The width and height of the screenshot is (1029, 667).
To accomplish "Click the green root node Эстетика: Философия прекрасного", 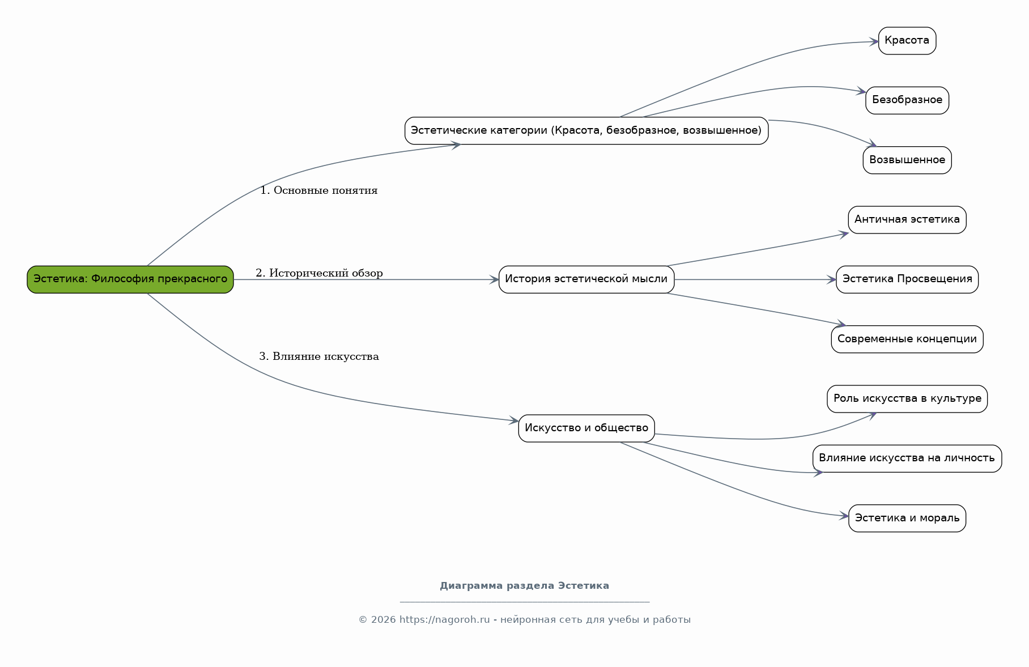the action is (x=130, y=279).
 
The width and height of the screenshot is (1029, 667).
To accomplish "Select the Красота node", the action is (x=907, y=41).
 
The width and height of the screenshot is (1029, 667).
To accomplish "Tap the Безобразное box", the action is (x=907, y=100).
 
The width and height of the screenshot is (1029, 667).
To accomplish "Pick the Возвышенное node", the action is (x=907, y=160).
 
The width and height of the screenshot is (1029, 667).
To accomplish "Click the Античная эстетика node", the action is (x=907, y=220).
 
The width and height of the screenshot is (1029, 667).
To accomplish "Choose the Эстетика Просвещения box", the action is (x=907, y=279).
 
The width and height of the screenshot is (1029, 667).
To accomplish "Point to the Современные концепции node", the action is (x=907, y=339).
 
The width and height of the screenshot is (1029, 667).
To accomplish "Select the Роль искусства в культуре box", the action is (x=907, y=399).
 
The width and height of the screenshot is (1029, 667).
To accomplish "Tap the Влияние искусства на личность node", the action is (x=907, y=458).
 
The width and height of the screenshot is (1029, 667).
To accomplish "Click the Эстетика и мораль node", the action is (x=907, y=519).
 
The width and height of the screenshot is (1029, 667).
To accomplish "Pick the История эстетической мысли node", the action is (x=586, y=279).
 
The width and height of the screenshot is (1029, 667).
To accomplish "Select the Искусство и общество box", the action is (x=586, y=428).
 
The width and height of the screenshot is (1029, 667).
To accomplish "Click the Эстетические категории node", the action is (x=586, y=131).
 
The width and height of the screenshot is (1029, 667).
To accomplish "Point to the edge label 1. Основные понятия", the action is (x=319, y=191).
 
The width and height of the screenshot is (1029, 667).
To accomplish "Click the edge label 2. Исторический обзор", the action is (x=319, y=273).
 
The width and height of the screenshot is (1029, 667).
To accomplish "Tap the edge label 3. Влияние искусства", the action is (x=319, y=356).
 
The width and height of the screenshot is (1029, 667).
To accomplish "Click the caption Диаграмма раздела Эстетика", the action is (x=525, y=586).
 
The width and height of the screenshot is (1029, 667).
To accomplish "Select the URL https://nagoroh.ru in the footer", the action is (x=445, y=620).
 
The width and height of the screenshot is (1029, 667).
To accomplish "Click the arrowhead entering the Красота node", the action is (x=874, y=41).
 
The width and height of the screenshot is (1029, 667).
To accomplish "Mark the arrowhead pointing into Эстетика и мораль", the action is (x=844, y=516).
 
